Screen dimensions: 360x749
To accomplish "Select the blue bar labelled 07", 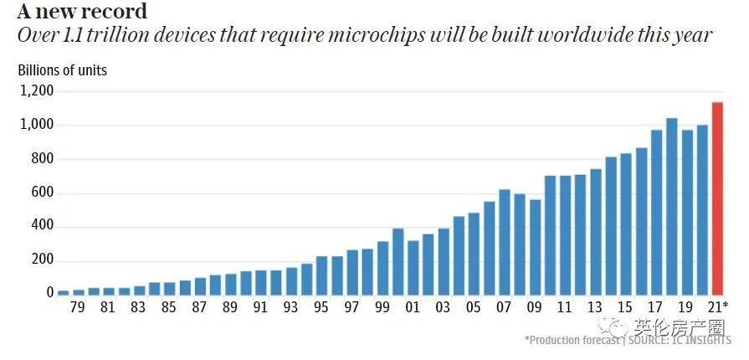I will pos(505,242).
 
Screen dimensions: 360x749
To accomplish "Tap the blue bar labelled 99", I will pos(383,268).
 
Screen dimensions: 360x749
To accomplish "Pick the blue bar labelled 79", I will pos(79,291).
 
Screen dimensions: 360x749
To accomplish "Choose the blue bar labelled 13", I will pos(595,234).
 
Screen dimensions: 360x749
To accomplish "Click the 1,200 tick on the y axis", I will pos(36,91).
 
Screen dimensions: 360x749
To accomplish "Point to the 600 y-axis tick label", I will pos(43,193).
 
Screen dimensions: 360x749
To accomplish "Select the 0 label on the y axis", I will pos(50,294).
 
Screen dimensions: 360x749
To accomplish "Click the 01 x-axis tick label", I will pos(413,308).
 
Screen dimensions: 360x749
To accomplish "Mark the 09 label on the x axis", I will pos(535,308).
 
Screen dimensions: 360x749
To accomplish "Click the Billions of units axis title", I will pos(63,70).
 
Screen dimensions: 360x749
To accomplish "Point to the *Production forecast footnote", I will pos(573,340).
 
